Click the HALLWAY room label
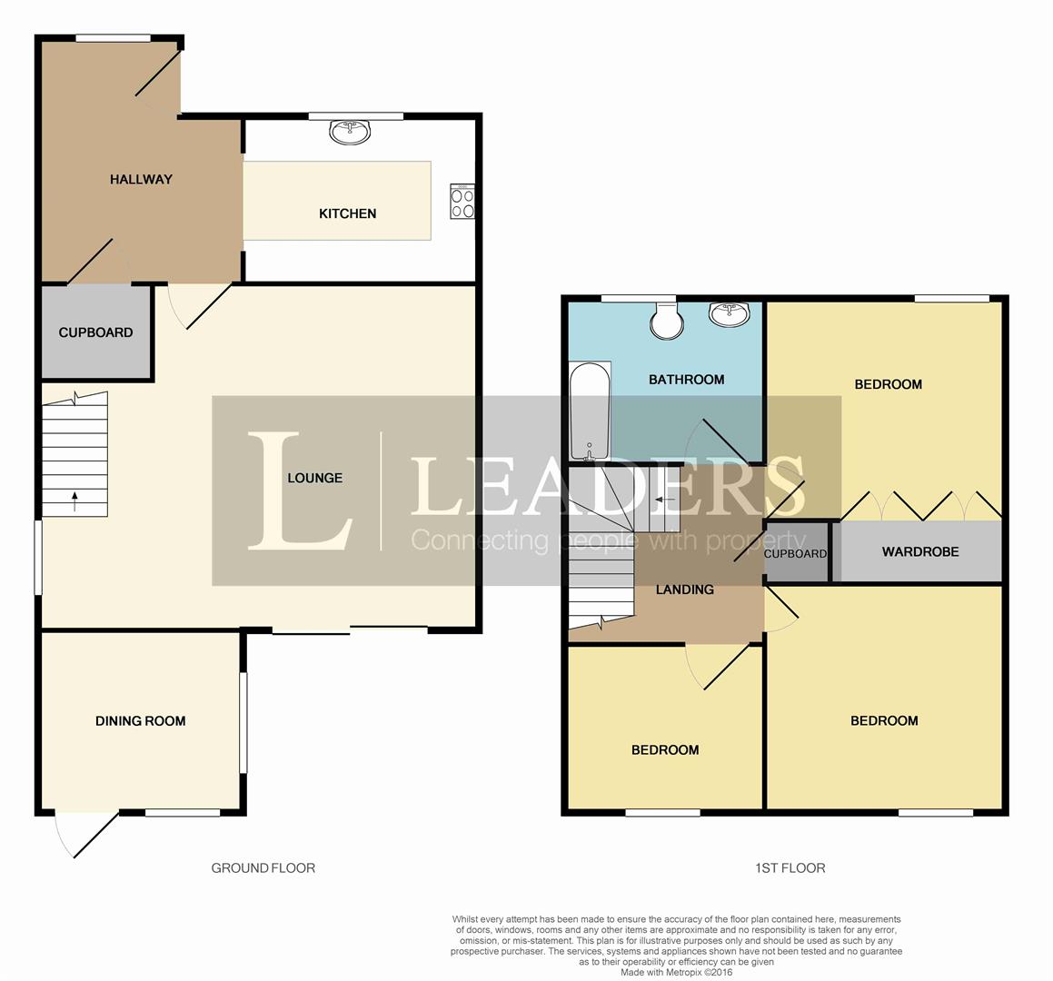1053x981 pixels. [141, 179]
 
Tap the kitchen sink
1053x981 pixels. [350, 133]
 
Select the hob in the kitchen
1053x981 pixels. [462, 202]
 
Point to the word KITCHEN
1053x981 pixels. [347, 213]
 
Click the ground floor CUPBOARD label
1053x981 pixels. [95, 332]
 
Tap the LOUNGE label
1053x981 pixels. [315, 478]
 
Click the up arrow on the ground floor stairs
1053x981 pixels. [75, 501]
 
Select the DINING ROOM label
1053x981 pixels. [140, 721]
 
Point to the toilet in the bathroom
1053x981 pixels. [666, 320]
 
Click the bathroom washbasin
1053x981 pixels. [729, 314]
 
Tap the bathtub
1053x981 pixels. [590, 411]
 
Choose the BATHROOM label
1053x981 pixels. [686, 380]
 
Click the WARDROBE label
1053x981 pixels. [920, 552]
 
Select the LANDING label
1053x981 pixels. [684, 590]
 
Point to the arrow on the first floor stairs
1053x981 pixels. [666, 500]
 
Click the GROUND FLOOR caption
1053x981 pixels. [263, 868]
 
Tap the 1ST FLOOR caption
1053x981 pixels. [790, 868]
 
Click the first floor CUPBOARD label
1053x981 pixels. [795, 554]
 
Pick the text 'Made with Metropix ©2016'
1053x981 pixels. [676, 972]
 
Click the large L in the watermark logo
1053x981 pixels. [300, 490]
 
